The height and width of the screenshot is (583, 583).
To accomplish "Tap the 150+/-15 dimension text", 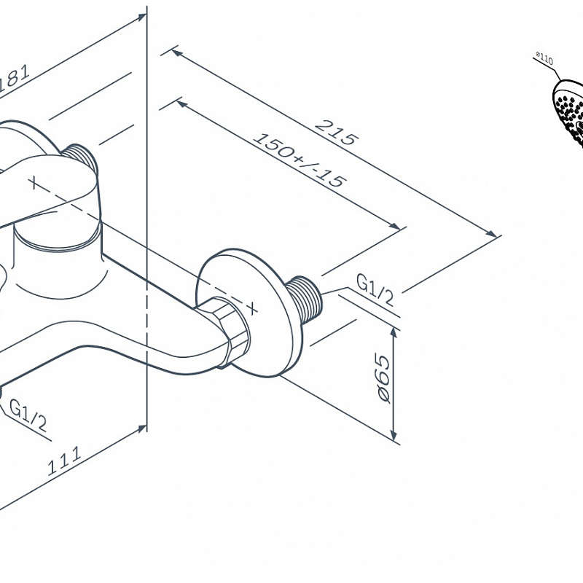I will click(x=300, y=160).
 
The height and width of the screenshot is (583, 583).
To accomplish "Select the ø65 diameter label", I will click(x=381, y=380).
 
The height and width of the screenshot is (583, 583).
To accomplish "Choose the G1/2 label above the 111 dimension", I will click(x=28, y=416).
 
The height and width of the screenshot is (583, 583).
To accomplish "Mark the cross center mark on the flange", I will click(x=252, y=307).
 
